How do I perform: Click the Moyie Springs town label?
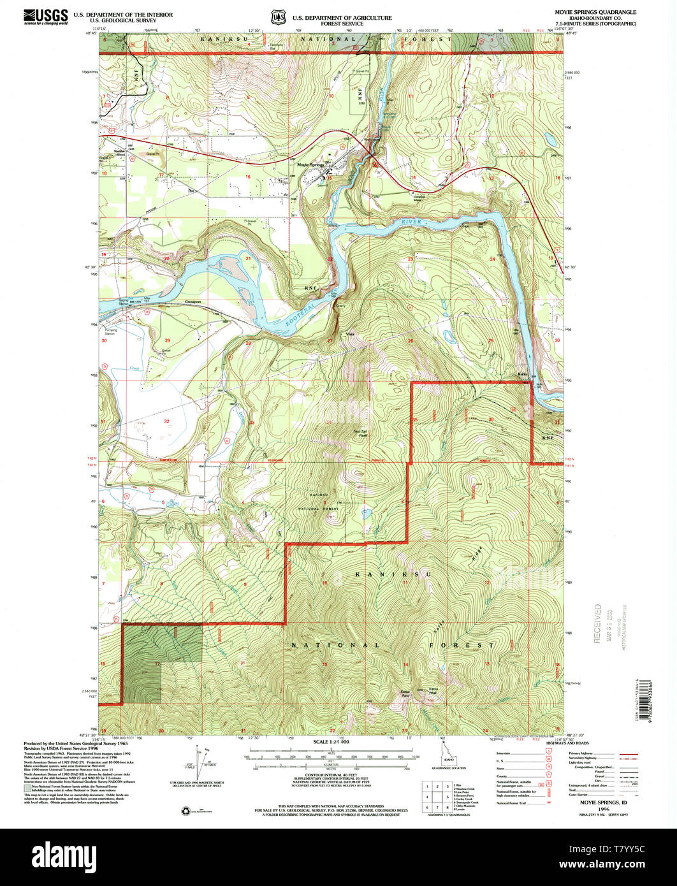pyautogui.click(x=310, y=164)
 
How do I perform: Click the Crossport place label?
pyautogui.click(x=193, y=301)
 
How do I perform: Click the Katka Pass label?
pyautogui.click(x=405, y=693)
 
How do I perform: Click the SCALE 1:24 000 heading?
pyautogui.click(x=331, y=742)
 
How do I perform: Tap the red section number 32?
pyautogui.click(x=166, y=421)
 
